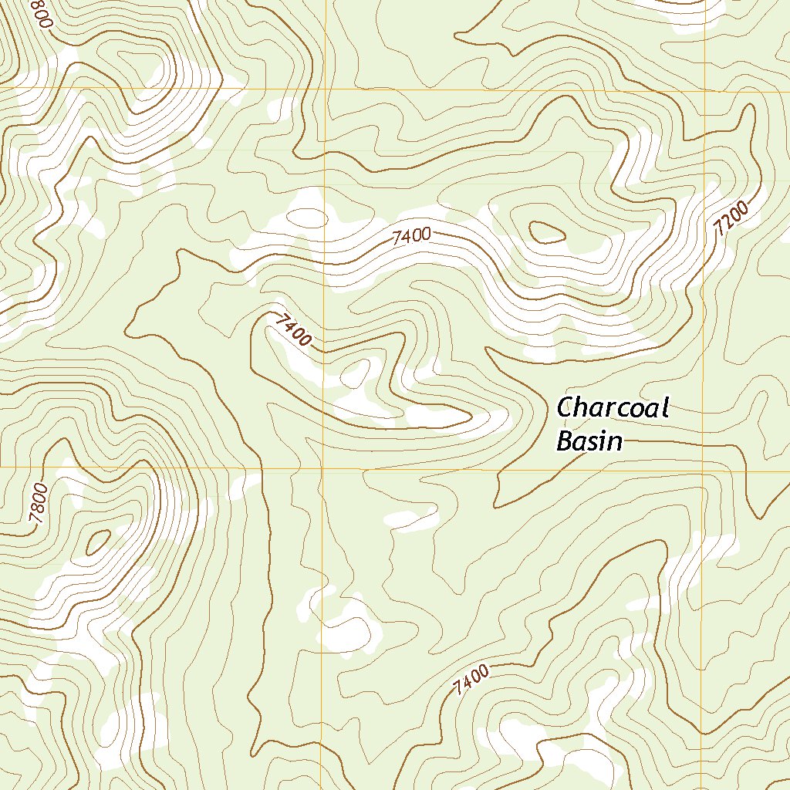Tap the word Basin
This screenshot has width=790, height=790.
[x=589, y=441]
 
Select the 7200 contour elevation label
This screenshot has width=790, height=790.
[x=731, y=218]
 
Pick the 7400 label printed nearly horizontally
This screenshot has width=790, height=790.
[x=410, y=237]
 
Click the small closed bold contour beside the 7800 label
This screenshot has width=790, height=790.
[x=97, y=542]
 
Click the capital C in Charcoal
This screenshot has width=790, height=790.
[x=565, y=407]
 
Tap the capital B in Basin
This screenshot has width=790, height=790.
[x=564, y=441]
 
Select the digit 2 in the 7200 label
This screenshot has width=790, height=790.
[x=725, y=223]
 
